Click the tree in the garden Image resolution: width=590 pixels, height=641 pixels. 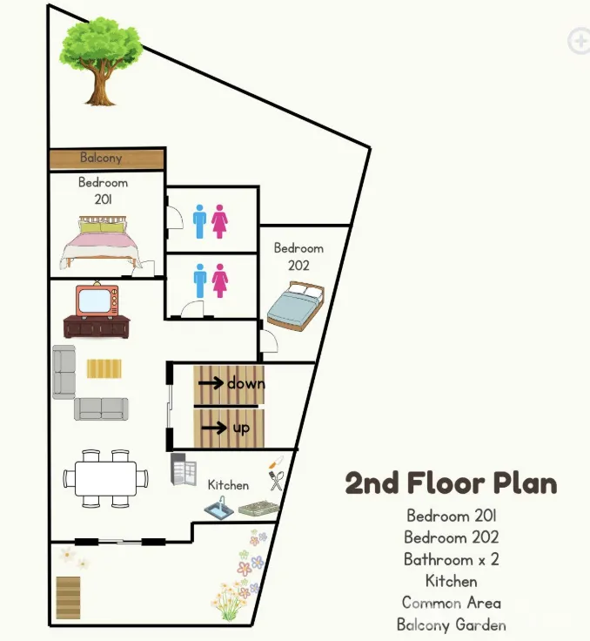click(101, 61)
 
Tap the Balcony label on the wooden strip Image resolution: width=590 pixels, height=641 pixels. click(101, 158)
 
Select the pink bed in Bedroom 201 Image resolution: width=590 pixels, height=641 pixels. click(101, 243)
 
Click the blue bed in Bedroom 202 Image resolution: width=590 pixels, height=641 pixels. click(296, 305)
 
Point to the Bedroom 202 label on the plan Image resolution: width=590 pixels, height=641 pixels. click(298, 257)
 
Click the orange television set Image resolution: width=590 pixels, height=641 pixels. click(97, 300)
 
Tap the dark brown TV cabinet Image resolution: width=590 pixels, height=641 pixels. click(97, 327)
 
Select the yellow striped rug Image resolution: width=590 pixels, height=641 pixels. click(104, 368)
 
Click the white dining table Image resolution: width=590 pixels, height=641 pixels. click(105, 478)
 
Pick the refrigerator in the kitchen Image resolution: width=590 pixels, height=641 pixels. click(184, 469)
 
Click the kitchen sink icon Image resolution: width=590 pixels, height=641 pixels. click(219, 508)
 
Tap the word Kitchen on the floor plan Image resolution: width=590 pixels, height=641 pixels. click(228, 485)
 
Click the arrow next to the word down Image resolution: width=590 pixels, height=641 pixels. click(211, 383)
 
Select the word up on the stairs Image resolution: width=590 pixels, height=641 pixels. click(241, 428)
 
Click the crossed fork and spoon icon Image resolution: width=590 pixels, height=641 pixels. click(276, 481)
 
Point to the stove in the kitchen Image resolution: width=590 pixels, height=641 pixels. click(258, 508)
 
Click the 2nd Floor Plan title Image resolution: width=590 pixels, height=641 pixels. click(451, 483)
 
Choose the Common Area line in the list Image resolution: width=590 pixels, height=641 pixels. click(451, 603)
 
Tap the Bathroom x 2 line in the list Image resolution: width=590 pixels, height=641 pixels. click(451, 559)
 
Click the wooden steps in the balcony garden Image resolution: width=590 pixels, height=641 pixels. click(68, 597)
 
